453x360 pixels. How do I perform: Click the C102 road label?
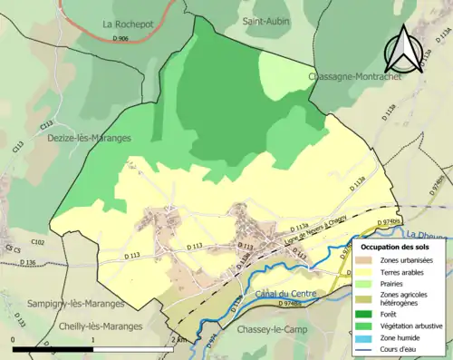pos(36,243)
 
